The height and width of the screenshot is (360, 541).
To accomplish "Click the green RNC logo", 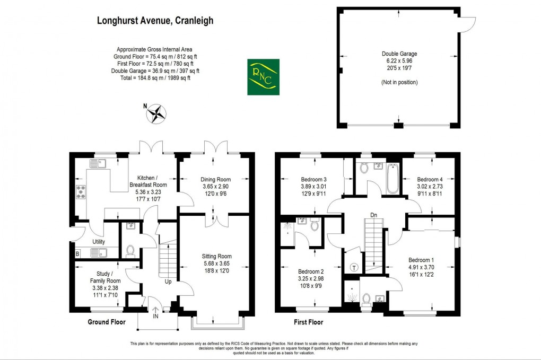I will tap(263, 77).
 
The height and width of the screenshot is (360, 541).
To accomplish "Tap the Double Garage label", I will tap(399, 54).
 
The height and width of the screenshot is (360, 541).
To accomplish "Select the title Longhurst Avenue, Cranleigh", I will tap(155, 21).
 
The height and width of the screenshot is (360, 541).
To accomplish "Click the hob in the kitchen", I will tap(82, 192).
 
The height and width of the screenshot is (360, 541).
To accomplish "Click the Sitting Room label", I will tap(217, 257).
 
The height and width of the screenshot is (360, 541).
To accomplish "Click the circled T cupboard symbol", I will tap(353, 267).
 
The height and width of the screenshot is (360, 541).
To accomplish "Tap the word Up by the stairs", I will tap(168, 282).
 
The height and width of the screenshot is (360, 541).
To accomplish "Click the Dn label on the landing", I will tap(373, 215).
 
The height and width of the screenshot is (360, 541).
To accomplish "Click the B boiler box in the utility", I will tap(77, 254).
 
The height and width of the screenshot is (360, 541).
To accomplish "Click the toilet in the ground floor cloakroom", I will tap(130, 250).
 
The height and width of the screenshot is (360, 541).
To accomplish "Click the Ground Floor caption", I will tap(106, 322).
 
